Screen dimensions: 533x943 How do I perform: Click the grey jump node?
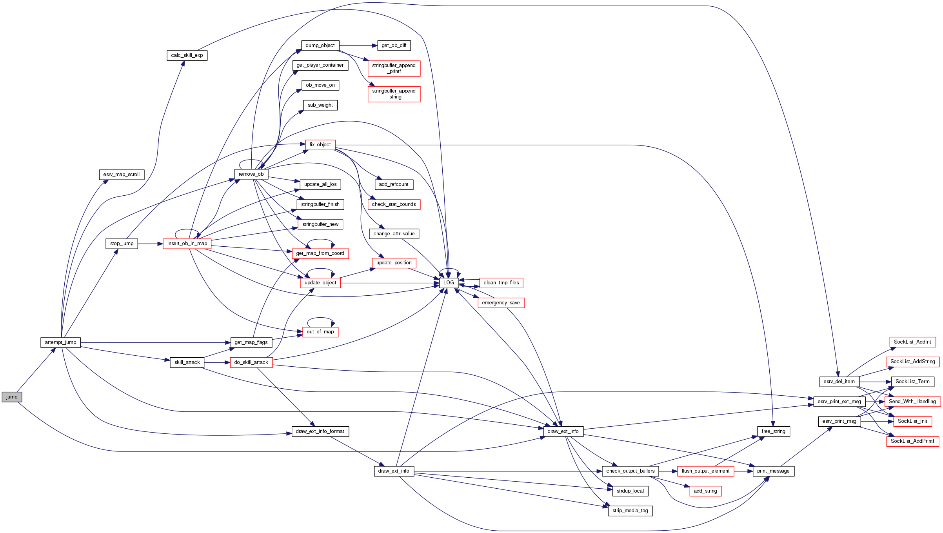click(12, 397)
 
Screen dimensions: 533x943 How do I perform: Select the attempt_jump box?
click(60, 342)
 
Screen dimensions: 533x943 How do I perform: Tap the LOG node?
click(449, 283)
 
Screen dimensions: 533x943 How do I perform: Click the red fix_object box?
click(320, 145)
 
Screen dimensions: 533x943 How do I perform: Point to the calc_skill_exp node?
click(187, 55)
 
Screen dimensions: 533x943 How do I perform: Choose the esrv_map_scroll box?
click(122, 175)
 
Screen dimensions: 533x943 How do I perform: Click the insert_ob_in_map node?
click(187, 244)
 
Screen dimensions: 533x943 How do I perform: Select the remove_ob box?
click(251, 174)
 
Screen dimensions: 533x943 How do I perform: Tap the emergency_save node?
click(501, 303)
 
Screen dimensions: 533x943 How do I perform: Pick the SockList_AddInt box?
click(912, 342)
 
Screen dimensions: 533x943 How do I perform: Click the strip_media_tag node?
click(630, 511)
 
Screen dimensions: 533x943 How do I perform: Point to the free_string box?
click(773, 431)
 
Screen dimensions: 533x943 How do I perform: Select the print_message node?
click(773, 471)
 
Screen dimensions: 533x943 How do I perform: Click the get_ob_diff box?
click(394, 45)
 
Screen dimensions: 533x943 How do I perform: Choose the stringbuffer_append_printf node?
click(394, 68)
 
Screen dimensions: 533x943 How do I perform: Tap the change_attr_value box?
click(394, 234)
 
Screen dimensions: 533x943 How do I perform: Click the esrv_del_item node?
click(839, 382)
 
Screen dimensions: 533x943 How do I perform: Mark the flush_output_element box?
click(705, 471)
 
